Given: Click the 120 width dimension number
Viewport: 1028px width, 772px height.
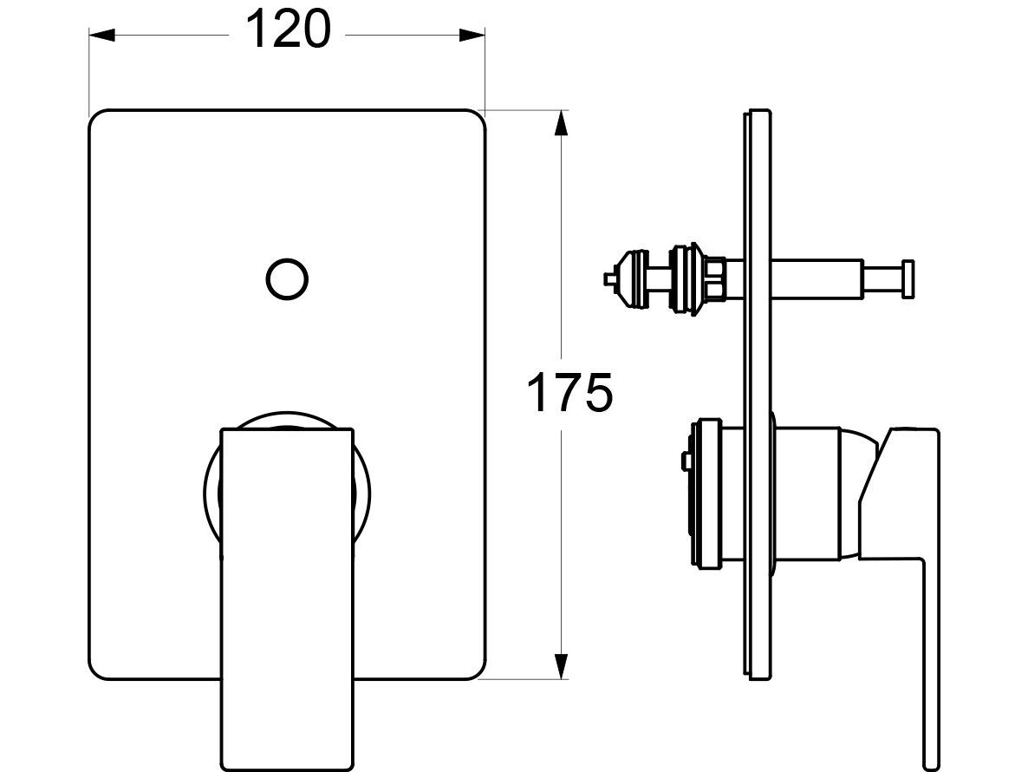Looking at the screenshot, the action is pos(288,30).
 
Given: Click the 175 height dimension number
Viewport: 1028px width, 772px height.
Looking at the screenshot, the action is pos(569,393).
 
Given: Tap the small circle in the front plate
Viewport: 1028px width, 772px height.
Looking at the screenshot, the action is pos(287,279).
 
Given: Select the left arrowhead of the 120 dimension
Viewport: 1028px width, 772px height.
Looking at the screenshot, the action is pos(102,35).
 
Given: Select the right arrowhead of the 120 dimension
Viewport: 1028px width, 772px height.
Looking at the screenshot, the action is pos(472,35).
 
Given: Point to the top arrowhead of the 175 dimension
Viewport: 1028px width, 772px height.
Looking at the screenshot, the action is pos(561,123).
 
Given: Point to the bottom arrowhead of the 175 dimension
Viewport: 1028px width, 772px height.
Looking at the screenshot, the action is pos(561,666).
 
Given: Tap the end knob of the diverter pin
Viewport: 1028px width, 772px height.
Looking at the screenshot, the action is pos(908,279).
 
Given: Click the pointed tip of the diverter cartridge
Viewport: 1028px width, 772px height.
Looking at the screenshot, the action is pos(608,278).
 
